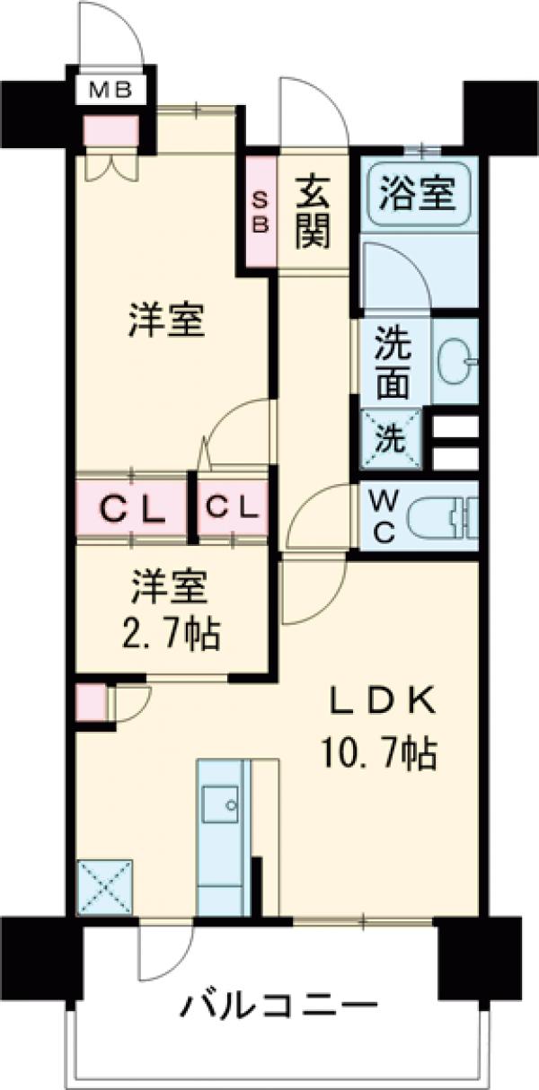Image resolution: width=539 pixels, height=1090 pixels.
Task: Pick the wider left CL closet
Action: click(x=132, y=510)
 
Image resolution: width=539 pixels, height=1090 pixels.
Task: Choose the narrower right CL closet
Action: click(x=233, y=509)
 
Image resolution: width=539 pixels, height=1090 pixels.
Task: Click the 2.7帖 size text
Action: click(x=172, y=636)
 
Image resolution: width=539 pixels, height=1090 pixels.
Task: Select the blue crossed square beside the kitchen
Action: click(x=105, y=886)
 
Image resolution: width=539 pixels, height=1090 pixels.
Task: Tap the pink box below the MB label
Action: click(x=110, y=131)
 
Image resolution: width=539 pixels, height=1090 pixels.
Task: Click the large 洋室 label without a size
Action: click(x=167, y=321)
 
